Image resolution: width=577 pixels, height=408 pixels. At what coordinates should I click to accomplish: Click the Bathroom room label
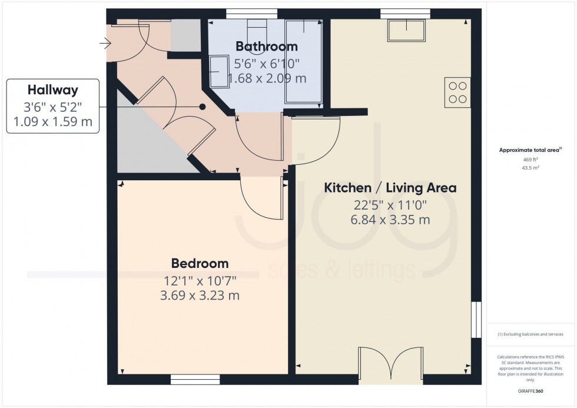pos(266,46)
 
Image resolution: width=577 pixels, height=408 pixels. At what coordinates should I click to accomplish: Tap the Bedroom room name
pos(200,263)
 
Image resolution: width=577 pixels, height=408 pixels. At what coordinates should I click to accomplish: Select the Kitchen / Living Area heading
pos(390,188)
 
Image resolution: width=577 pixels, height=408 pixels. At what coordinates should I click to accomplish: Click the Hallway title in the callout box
pos(53,90)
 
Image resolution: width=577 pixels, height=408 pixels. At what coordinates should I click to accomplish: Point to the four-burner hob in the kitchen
pos(457,92)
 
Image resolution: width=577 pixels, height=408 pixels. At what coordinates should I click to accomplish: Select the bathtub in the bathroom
pos(304,61)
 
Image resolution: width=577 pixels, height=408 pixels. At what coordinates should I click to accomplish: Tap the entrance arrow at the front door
pos(106,43)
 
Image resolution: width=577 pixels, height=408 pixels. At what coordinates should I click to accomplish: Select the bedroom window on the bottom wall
pos(195,379)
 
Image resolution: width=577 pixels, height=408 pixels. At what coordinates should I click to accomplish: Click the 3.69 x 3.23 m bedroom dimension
pos(200,295)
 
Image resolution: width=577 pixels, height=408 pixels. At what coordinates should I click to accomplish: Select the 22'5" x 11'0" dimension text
pos(390,205)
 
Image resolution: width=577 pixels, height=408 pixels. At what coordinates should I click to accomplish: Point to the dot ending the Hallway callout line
pos(202,107)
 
